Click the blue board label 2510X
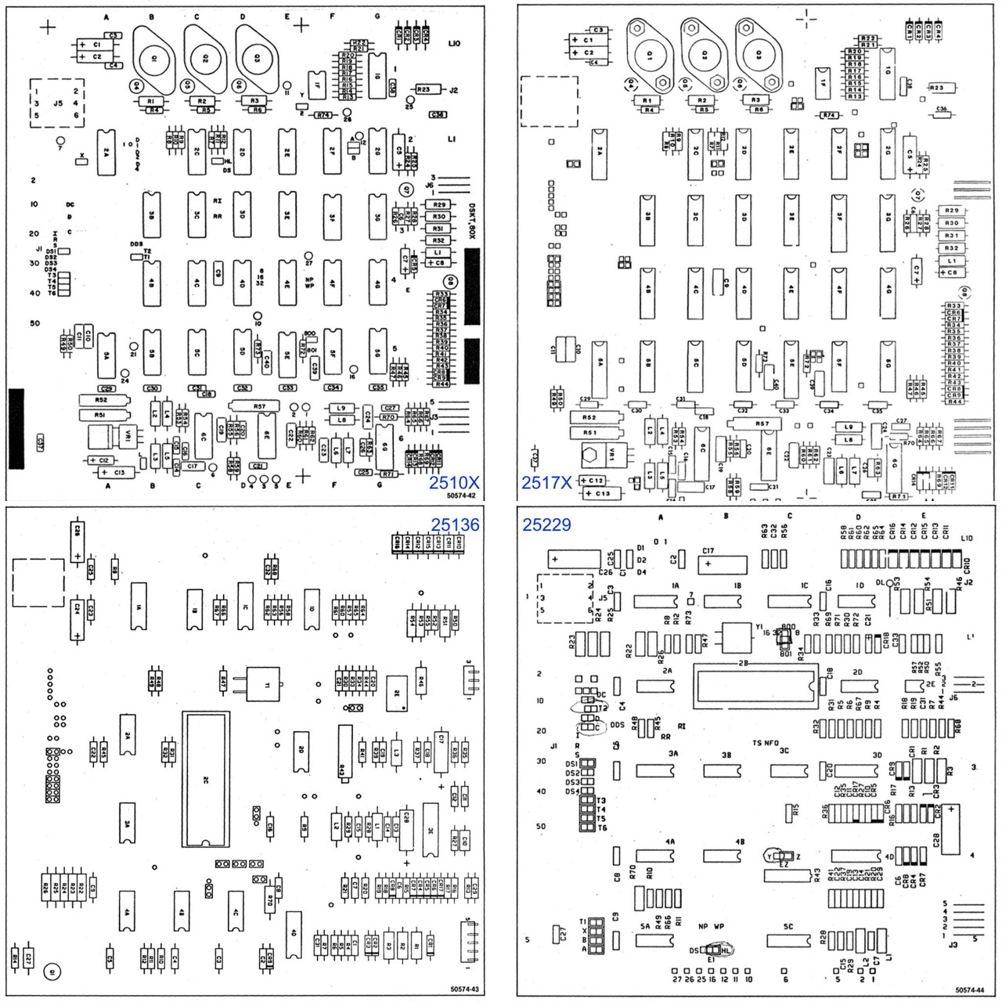click(x=453, y=483)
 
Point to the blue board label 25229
click(x=547, y=524)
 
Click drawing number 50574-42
click(x=462, y=496)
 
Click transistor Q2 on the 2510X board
click(x=204, y=58)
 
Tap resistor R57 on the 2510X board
click(x=259, y=405)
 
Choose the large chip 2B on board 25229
click(x=753, y=678)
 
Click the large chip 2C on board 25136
click(x=206, y=779)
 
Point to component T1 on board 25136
click(x=264, y=683)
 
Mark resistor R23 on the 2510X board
click(x=424, y=90)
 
